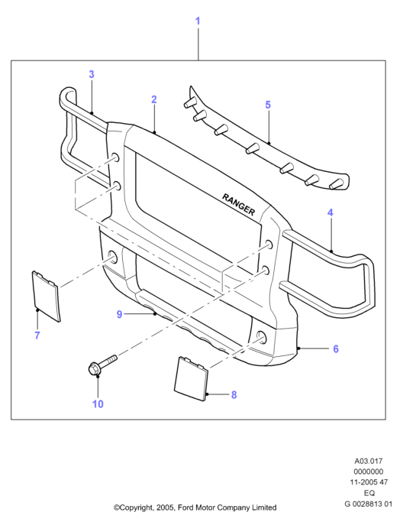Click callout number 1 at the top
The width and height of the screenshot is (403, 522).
(198, 21)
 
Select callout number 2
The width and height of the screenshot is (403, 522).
(153, 99)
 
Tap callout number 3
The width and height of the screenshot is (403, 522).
(92, 74)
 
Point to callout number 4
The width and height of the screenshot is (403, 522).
(330, 212)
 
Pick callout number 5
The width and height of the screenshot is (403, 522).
(268, 105)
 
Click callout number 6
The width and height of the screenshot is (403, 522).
(336, 349)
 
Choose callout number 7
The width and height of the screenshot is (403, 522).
(37, 335)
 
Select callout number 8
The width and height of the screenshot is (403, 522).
(234, 395)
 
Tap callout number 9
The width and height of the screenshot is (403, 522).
(120, 314)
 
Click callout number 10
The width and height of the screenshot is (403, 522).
(98, 404)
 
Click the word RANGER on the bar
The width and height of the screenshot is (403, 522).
(238, 204)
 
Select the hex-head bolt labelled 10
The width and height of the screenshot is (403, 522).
(102, 364)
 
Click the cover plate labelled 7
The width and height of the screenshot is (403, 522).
(47, 297)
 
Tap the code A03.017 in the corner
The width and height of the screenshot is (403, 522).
(369, 461)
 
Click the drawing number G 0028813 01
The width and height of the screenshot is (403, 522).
(369, 504)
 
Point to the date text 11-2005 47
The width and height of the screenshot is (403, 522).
(369, 482)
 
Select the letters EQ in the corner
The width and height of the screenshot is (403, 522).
(369, 493)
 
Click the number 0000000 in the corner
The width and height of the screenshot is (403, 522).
(369, 472)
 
